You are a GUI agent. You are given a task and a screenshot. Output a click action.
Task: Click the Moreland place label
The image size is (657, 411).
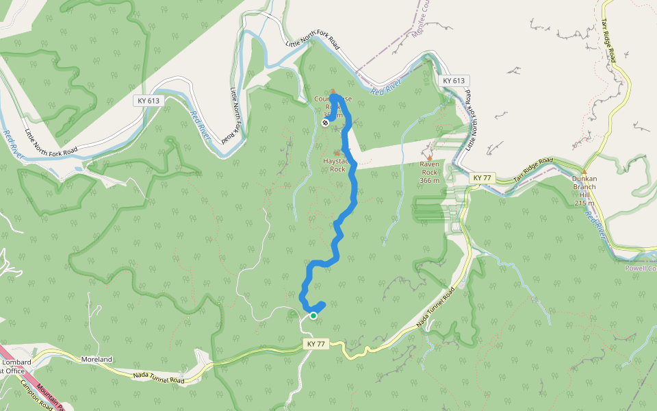(x=96, y=359)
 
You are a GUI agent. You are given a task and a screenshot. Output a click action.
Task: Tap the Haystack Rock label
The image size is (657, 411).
(x=337, y=164)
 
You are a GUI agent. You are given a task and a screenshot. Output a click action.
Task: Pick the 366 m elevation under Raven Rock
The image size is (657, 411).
(x=430, y=181)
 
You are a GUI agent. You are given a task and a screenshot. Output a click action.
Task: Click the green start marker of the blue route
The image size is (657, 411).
(x=313, y=316)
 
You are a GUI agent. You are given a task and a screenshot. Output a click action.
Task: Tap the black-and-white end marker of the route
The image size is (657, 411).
(x=325, y=123)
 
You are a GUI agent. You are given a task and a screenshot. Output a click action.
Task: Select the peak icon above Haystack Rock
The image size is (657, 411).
(x=336, y=153)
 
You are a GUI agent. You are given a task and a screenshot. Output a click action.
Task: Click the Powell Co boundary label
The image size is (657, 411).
(x=641, y=269)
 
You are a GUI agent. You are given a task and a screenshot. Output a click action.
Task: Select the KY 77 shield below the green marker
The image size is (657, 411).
(x=315, y=344)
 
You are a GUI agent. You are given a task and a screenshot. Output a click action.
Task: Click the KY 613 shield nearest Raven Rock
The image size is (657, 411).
(x=454, y=81)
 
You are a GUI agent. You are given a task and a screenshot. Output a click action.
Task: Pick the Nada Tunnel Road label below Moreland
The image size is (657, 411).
(x=158, y=377)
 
